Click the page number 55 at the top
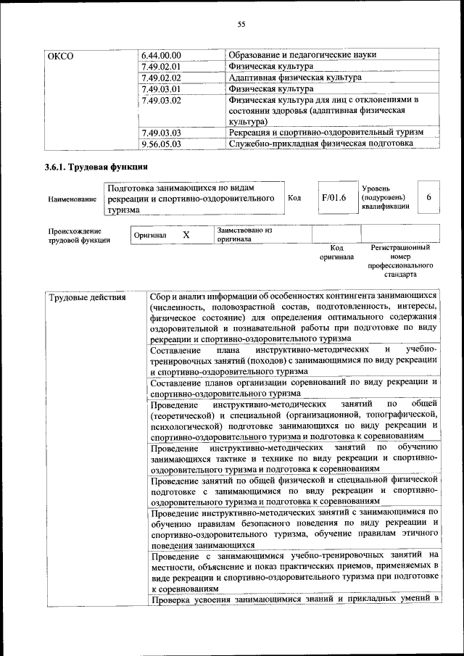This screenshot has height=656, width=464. click(x=241, y=25)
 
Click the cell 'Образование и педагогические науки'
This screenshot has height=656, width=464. click(x=302, y=55)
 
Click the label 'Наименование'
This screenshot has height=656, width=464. click(x=72, y=199)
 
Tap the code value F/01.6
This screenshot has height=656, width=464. click(x=333, y=198)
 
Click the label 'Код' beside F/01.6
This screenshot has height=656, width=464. click(x=294, y=198)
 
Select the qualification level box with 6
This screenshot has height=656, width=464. click(x=429, y=197)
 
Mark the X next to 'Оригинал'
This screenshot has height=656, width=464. click(x=186, y=236)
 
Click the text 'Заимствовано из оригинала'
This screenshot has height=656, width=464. click(x=244, y=233)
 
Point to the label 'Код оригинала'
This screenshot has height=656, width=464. click(x=336, y=252)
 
